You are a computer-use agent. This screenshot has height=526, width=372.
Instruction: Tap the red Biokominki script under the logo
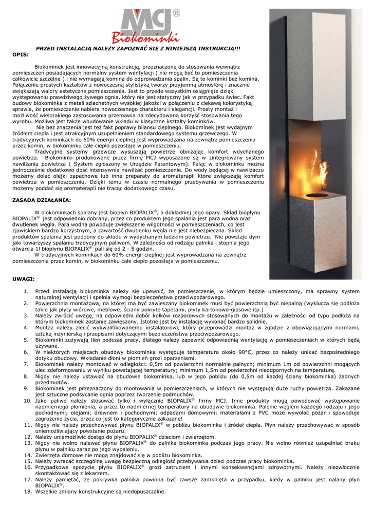pos(146,38)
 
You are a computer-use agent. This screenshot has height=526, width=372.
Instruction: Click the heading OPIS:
pos(20,54)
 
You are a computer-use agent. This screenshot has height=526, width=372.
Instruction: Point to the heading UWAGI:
pos(23,279)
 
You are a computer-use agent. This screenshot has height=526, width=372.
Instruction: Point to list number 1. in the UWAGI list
pos(26,291)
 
